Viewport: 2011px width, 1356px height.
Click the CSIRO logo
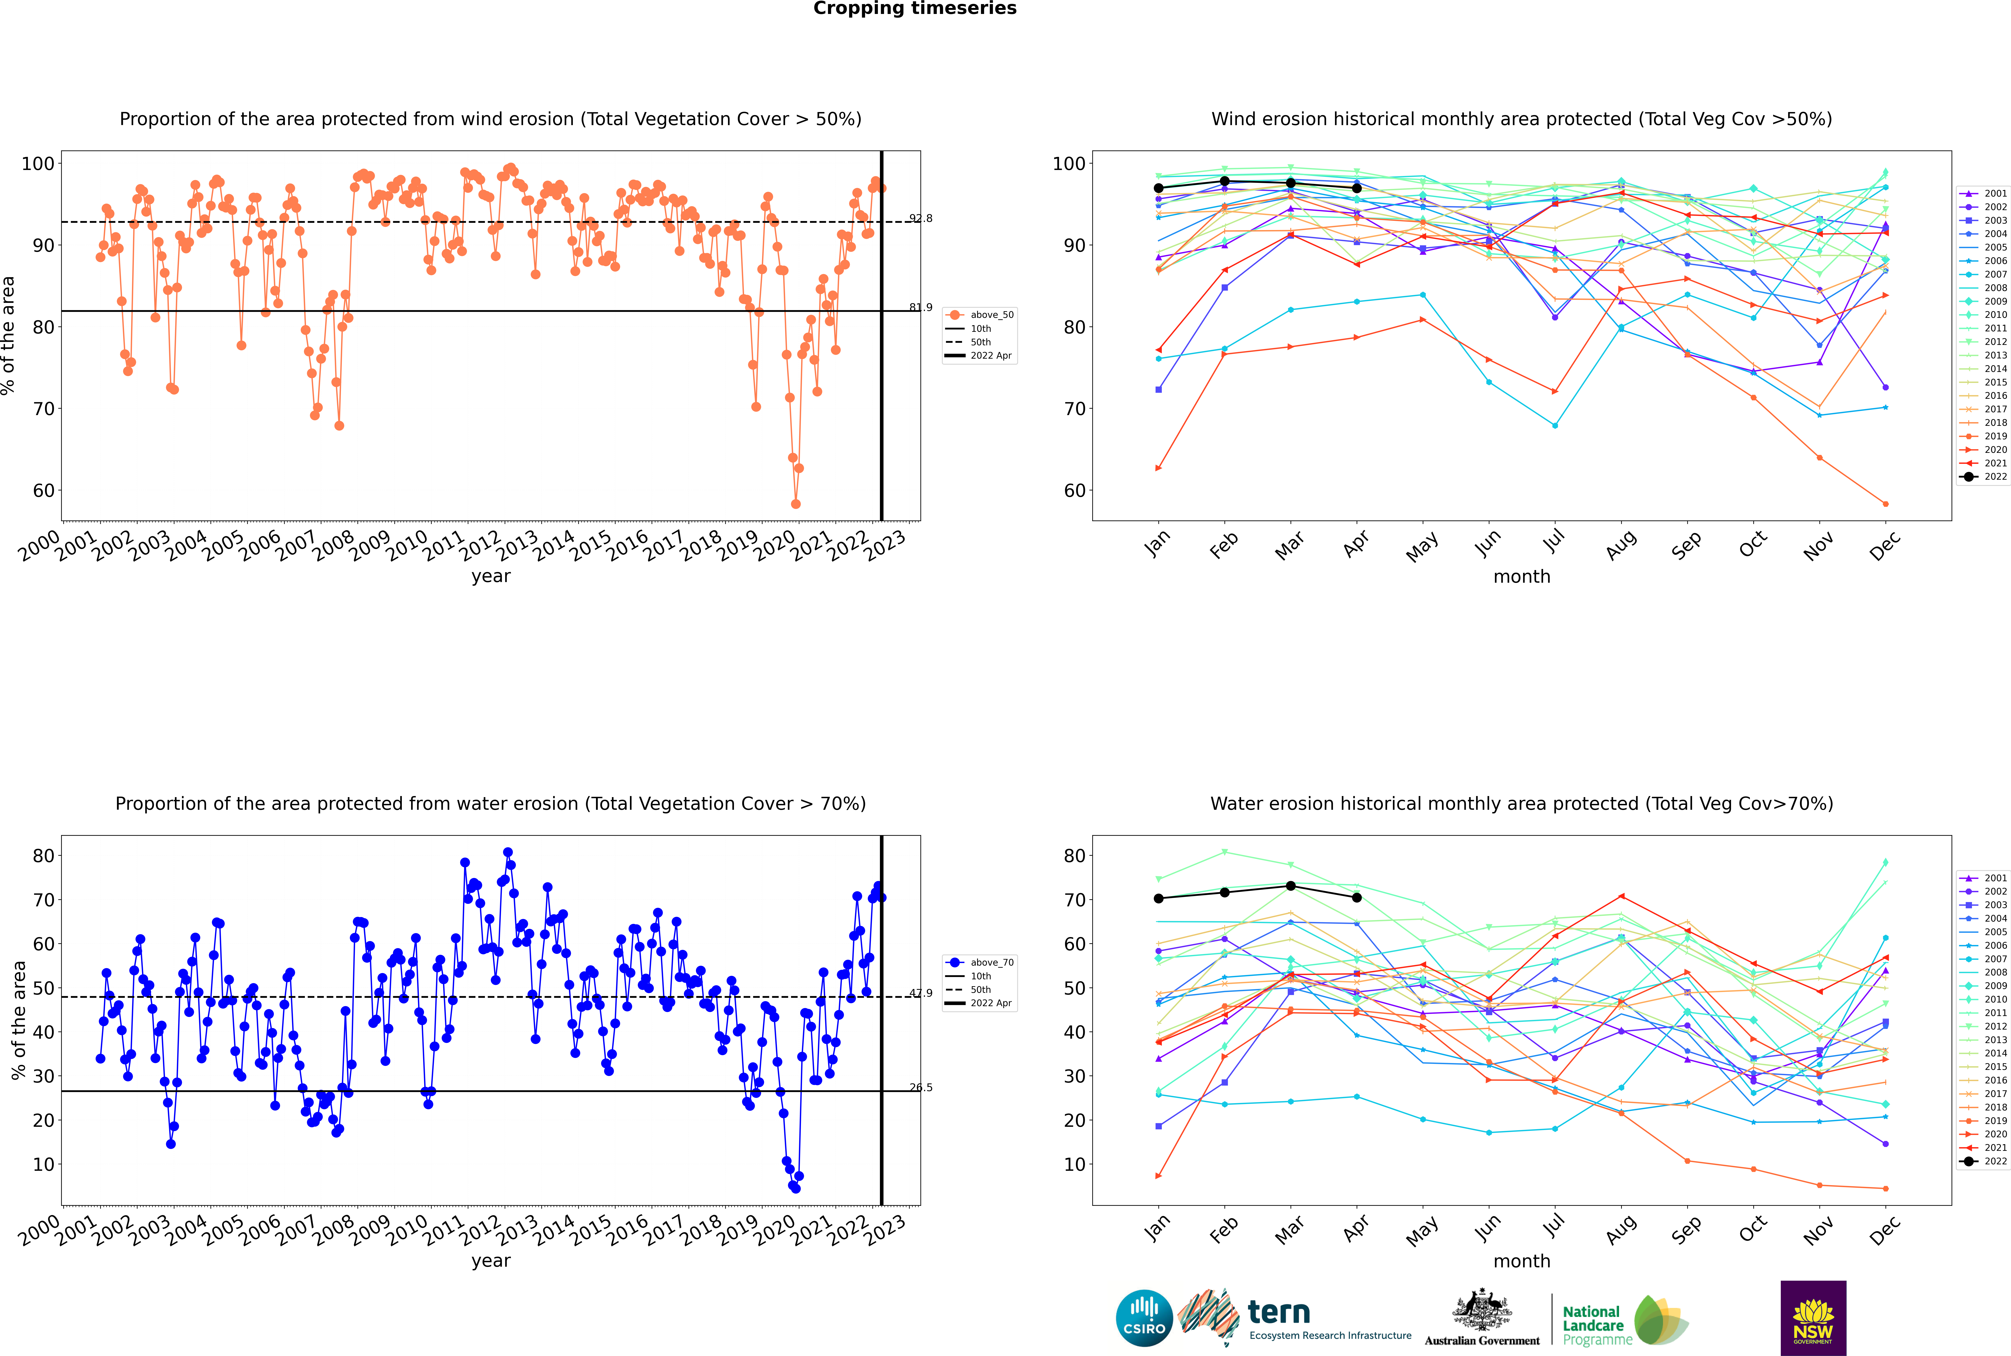(1144, 1318)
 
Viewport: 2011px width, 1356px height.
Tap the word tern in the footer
(1279, 1312)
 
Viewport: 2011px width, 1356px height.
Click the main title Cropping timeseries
(915, 9)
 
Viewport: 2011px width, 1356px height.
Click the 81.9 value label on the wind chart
(921, 307)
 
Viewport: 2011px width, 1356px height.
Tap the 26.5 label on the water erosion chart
(921, 1088)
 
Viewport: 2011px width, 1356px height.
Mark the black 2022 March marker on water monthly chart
(1291, 886)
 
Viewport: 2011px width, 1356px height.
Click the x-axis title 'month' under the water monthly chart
(1522, 1261)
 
